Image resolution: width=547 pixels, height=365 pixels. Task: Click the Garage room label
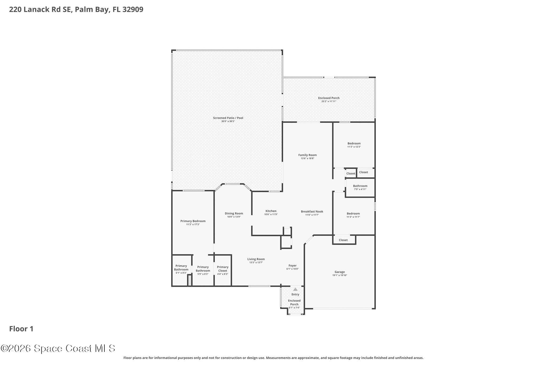339,272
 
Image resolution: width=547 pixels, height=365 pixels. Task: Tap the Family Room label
307,155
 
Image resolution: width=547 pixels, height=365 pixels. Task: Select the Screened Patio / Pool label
228,118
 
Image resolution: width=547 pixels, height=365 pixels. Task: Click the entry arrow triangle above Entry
295,289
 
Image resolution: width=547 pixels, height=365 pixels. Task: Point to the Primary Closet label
222,269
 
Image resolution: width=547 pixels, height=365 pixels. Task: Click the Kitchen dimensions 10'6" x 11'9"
271,214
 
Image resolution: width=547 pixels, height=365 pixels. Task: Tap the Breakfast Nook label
312,212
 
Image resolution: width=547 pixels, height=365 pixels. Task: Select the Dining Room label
234,213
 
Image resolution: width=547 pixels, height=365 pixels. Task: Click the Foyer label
292,266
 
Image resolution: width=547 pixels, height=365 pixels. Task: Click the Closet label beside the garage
343,240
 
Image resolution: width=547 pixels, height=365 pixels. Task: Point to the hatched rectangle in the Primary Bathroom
189,281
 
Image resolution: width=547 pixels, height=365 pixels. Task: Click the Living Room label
256,259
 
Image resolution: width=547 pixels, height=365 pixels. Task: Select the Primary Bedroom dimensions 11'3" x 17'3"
193,225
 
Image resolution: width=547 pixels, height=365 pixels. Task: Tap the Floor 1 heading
21,329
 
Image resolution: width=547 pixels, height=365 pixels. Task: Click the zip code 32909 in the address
133,9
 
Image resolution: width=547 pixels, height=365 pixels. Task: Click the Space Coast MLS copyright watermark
58,348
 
